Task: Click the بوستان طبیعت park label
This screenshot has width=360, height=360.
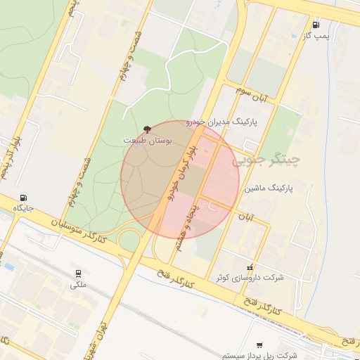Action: click(x=148, y=141)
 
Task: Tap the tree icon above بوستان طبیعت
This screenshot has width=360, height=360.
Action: click(x=146, y=129)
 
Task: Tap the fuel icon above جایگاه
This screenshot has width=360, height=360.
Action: click(x=25, y=197)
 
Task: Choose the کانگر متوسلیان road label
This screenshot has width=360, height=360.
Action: click(x=78, y=231)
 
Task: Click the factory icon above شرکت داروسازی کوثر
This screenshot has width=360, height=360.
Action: click(x=251, y=266)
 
